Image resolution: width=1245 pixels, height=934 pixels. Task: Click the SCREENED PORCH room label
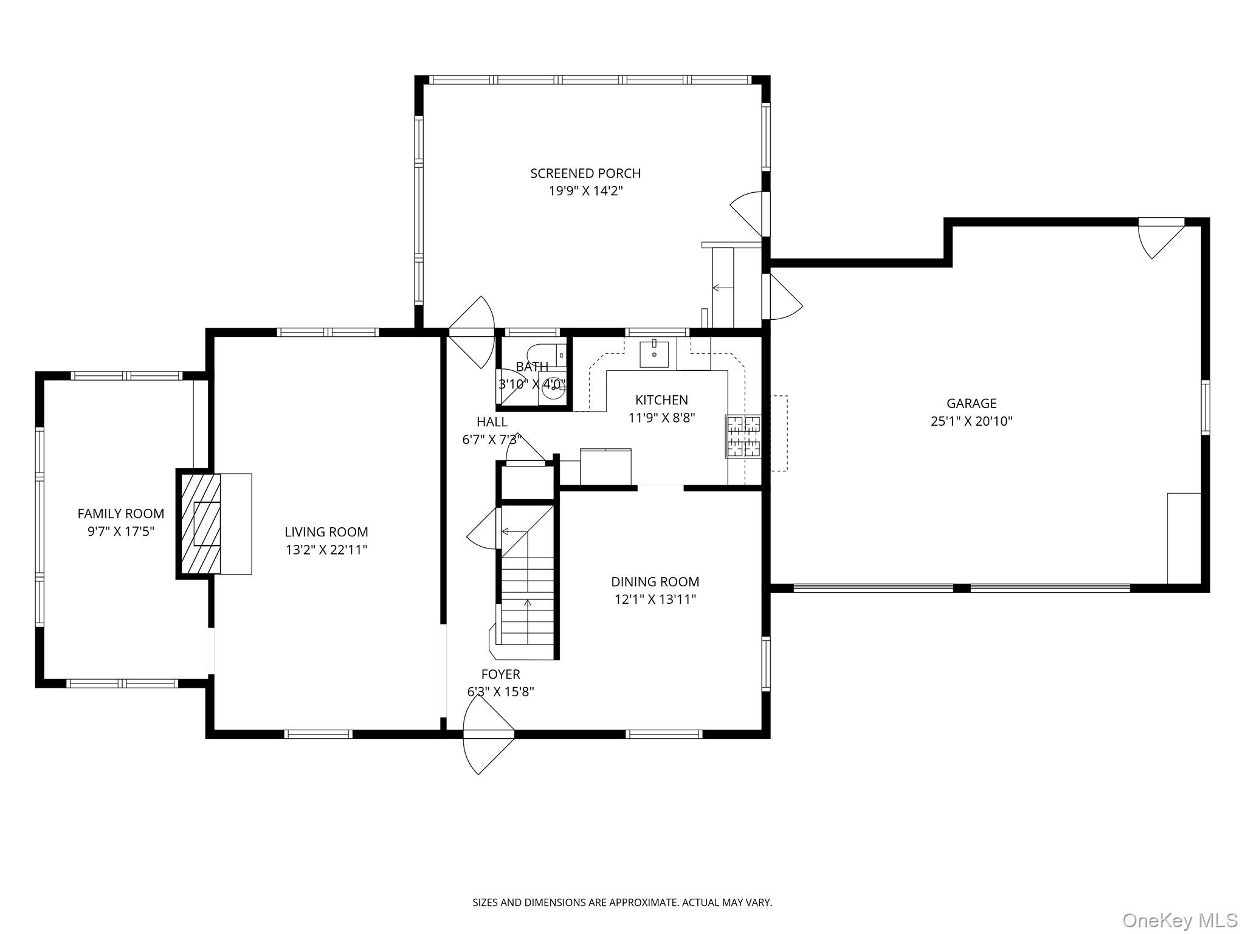(585, 173)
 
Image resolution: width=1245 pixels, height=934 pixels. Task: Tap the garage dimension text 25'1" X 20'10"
(971, 421)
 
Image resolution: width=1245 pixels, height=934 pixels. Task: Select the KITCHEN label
(661, 400)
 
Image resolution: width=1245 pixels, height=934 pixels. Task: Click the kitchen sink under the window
(654, 355)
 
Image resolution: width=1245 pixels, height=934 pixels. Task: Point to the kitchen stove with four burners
(743, 436)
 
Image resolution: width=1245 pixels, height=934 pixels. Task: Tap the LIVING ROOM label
(326, 532)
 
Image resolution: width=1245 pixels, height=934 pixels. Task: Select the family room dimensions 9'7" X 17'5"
(121, 531)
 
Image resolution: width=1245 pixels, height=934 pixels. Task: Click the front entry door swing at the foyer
(488, 735)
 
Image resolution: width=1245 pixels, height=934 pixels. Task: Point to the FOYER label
(500, 674)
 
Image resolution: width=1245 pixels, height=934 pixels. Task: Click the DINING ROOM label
(655, 582)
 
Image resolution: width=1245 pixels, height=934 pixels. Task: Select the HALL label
(492, 422)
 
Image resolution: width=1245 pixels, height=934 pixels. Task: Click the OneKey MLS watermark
(1179, 920)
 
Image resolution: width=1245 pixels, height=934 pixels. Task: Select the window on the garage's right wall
(1205, 407)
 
